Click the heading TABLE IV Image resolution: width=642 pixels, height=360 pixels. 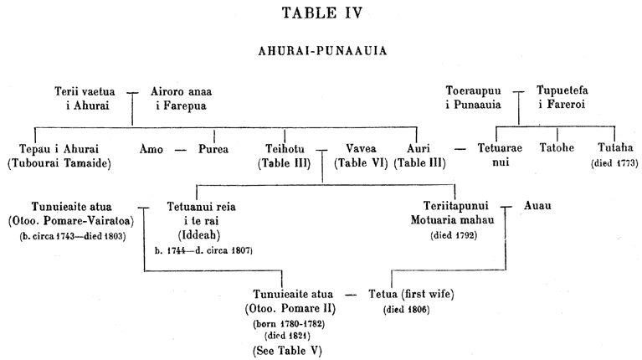[x=322, y=13]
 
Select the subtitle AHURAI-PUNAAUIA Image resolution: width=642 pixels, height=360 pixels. [x=322, y=51]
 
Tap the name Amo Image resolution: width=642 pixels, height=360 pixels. [x=151, y=149]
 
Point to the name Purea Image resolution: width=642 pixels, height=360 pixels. [x=213, y=149]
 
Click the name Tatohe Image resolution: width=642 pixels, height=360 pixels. [x=557, y=147]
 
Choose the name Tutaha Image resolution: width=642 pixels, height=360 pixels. [x=615, y=147]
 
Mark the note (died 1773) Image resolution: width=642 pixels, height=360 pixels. [x=614, y=163]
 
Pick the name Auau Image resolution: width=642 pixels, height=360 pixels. [x=537, y=205]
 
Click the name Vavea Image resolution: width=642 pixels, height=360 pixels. [x=361, y=148]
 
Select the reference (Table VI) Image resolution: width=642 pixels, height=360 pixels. [x=361, y=163]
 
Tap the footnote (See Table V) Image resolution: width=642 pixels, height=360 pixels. [x=287, y=351]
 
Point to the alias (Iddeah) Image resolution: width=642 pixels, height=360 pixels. [x=199, y=235]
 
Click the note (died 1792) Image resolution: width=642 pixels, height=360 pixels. [x=454, y=235]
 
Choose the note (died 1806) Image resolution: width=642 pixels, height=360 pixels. [x=407, y=310]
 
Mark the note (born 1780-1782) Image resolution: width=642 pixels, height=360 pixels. [x=289, y=324]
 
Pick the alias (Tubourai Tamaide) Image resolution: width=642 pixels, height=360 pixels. [x=59, y=163]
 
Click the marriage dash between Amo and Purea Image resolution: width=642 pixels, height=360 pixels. [x=181, y=150]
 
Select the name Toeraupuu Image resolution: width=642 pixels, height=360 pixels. [x=473, y=90]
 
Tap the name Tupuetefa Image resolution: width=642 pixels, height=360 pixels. [x=562, y=90]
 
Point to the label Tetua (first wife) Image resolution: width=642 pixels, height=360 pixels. [x=411, y=294]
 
